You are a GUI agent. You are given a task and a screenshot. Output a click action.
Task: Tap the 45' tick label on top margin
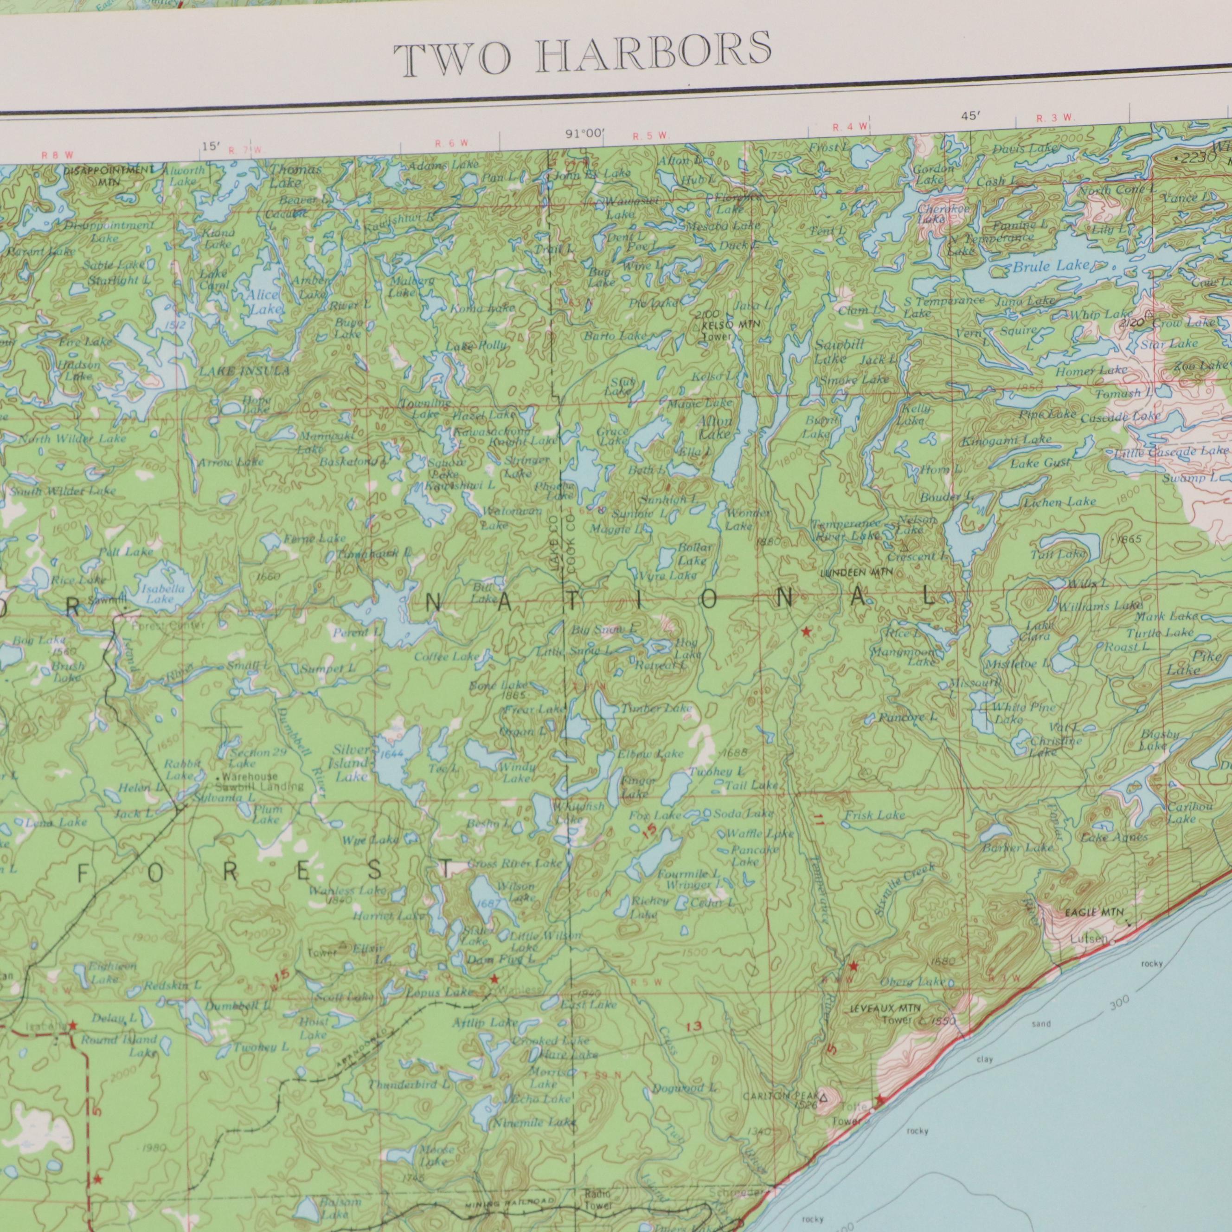click(970, 116)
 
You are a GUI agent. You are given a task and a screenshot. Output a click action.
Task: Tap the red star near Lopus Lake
click(494, 977)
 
